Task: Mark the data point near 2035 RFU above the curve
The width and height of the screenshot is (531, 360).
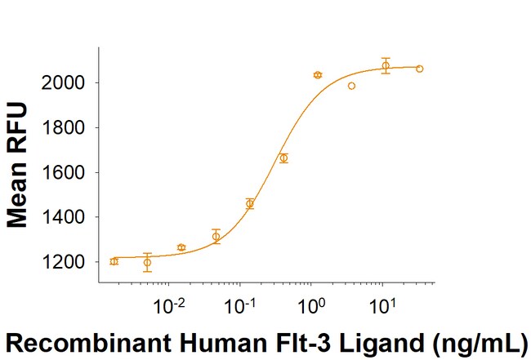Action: [318, 75]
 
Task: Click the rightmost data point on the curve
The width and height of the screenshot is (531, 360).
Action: [419, 69]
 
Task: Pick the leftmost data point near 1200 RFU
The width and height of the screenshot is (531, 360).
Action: [114, 261]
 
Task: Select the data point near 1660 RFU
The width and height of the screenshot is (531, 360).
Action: [283, 158]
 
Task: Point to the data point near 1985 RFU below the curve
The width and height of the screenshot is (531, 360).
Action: [351, 86]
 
